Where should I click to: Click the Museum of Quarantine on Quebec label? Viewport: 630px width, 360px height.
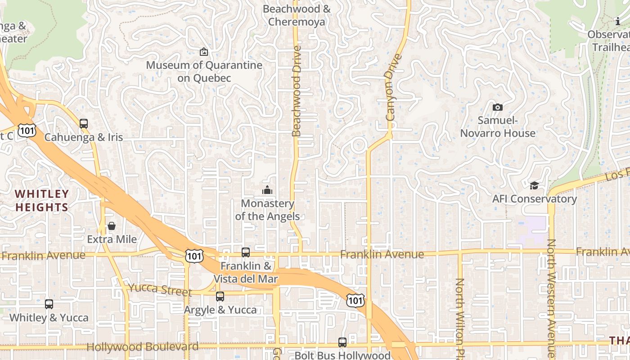[x=204, y=72]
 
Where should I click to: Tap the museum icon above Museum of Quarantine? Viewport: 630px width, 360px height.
[x=204, y=52]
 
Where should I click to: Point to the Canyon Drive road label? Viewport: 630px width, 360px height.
[x=393, y=88]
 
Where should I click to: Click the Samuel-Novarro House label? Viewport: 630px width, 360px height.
[x=498, y=127]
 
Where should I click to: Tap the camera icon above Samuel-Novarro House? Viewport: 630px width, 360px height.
[x=497, y=107]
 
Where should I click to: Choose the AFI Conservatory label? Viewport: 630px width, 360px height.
[x=534, y=199]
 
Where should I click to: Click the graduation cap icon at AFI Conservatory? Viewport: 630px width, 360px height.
[x=534, y=185]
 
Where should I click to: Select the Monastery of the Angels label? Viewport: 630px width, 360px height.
[x=267, y=210]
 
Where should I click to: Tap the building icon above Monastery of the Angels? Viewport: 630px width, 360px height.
[x=267, y=190]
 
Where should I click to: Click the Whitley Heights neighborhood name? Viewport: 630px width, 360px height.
[x=41, y=201]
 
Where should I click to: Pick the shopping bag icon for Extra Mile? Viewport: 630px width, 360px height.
[x=112, y=226]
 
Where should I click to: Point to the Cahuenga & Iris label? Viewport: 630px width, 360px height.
[x=84, y=137]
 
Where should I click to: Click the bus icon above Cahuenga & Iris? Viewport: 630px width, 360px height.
[x=84, y=124]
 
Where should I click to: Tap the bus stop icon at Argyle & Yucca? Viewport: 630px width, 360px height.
[x=220, y=297]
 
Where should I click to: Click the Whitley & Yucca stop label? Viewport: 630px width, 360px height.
[x=49, y=318]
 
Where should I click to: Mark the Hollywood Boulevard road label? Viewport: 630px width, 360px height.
[x=142, y=347]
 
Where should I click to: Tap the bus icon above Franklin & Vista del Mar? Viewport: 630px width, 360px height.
[x=246, y=252]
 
